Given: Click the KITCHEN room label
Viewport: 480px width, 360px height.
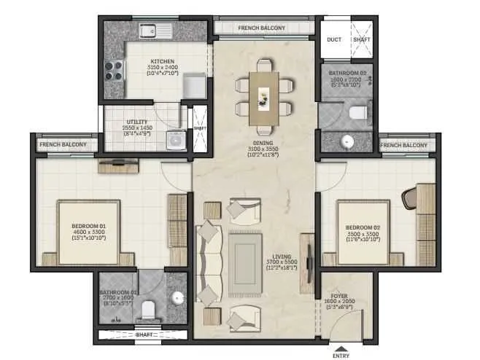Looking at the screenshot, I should pos(161,61).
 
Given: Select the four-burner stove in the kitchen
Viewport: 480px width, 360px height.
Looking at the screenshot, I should pos(113,70).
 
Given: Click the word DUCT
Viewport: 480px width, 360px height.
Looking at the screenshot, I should pos(334,40).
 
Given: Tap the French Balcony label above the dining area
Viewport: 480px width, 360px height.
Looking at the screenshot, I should pos(261,28).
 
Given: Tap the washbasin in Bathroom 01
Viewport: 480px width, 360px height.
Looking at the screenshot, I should pos(178,297).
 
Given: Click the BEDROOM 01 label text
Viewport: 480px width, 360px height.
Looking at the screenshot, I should pos(88,226).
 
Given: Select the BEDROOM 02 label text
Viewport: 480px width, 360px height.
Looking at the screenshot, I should pos(363,227).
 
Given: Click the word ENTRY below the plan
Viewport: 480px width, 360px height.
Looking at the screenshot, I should pos(341,355).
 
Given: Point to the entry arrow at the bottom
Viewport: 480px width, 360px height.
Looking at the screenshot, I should pos(341,345).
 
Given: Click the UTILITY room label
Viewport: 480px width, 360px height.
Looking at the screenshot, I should pos(137,122).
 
